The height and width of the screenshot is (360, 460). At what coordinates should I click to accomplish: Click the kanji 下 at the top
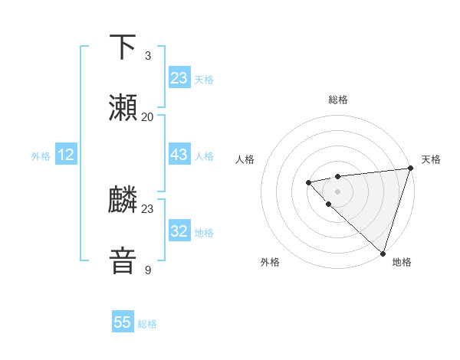tap(123, 47)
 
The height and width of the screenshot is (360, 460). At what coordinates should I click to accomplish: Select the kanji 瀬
tap(123, 107)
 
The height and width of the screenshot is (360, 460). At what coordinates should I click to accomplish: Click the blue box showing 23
tap(179, 77)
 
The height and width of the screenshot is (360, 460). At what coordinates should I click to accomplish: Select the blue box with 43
tap(179, 155)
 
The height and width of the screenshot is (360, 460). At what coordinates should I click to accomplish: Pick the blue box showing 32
tap(179, 231)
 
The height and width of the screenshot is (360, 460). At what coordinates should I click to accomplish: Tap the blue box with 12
tap(65, 155)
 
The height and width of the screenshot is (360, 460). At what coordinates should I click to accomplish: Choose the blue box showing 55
tap(123, 322)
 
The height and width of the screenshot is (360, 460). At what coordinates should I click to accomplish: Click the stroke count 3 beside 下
tap(147, 56)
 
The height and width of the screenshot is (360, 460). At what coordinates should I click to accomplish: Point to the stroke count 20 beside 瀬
tap(147, 116)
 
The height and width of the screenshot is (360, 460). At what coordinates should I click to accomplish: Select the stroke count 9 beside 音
tap(147, 270)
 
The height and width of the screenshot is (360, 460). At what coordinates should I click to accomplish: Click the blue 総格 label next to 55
tap(147, 324)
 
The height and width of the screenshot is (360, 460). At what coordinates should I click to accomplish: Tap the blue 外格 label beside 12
tap(41, 155)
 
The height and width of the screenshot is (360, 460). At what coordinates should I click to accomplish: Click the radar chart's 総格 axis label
tap(338, 100)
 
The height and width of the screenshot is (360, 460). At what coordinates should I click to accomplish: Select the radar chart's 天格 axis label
tap(431, 159)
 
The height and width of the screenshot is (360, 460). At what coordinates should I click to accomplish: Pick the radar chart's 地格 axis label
tap(402, 262)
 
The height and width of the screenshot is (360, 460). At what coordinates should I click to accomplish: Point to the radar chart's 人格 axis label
tap(245, 159)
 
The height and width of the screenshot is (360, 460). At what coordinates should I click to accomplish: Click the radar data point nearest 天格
tap(410, 168)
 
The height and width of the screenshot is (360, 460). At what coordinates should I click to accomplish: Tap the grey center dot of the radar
tap(337, 191)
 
